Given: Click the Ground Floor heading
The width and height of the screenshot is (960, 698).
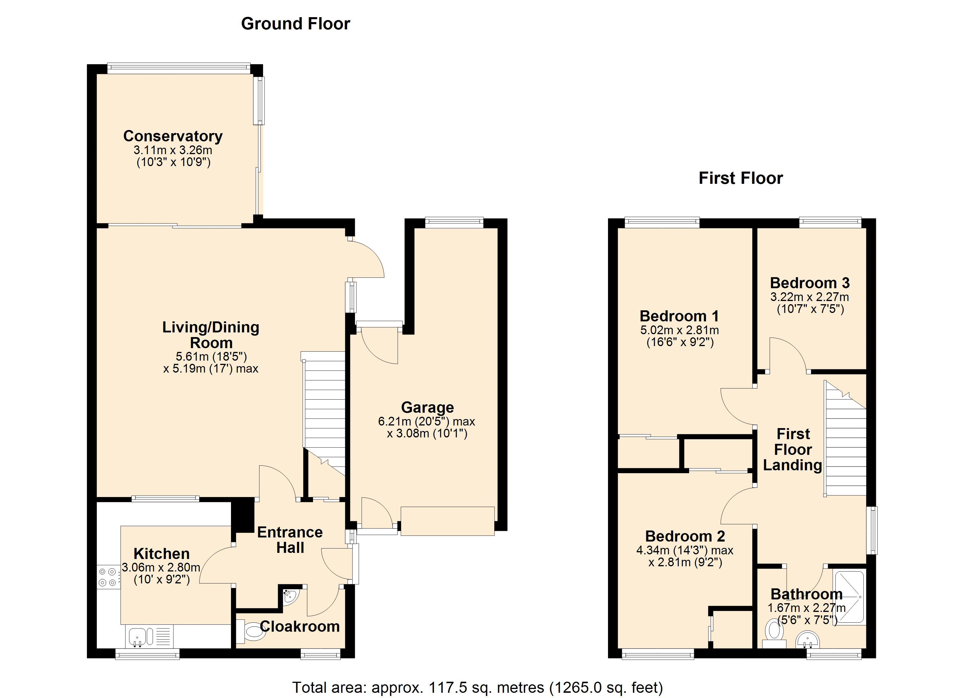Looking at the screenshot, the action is click(296, 24).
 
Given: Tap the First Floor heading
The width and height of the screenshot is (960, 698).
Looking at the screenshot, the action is click(741, 178).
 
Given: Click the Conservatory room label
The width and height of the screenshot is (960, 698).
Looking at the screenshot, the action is click(173, 136).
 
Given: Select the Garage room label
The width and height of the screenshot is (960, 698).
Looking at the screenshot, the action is click(428, 407).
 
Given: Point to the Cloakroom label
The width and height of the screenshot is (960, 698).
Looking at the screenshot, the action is click(300, 626).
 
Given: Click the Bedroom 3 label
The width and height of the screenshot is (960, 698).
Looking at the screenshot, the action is click(810, 283).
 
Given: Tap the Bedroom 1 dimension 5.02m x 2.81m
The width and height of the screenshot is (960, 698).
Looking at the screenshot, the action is click(679, 330).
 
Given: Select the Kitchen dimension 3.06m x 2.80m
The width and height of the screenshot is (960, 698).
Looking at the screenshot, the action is click(161, 567).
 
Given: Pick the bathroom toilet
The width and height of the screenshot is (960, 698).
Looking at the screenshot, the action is click(774, 634).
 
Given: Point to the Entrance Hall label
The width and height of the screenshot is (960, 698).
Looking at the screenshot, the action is click(290, 540).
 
